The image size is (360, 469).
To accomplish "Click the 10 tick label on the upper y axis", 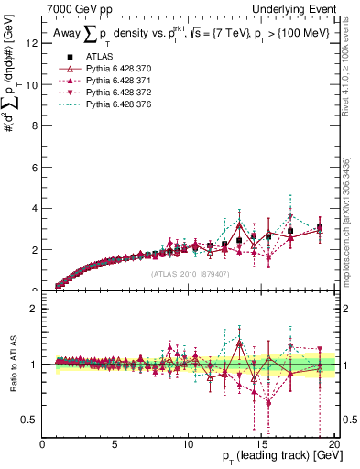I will [33, 84].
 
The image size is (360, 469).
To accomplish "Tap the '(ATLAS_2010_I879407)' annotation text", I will [189, 273].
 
